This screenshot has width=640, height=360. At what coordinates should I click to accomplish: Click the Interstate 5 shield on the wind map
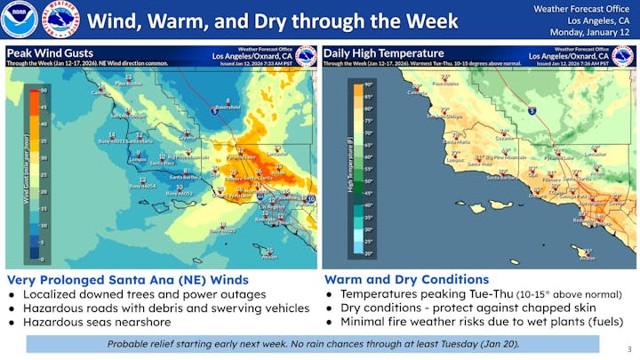pyautogui.click(x=214, y=112)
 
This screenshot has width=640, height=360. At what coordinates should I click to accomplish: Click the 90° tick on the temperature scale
pyautogui.click(x=367, y=84)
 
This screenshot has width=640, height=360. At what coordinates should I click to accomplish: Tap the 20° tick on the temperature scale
pyautogui.click(x=367, y=253)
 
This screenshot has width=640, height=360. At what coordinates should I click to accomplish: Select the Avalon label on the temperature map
pyautogui.click(x=588, y=259)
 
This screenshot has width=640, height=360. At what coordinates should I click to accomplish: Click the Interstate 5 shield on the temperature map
pyautogui.click(x=531, y=112)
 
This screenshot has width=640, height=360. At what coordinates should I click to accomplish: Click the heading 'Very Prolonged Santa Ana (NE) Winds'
pyautogui.click(x=127, y=279)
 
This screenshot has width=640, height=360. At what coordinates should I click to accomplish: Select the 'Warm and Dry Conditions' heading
pyautogui.click(x=406, y=279)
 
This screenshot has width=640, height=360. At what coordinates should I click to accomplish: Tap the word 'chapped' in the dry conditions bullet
pyautogui.click(x=537, y=308)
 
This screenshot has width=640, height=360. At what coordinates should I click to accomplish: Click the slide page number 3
pyautogui.click(x=628, y=349)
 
